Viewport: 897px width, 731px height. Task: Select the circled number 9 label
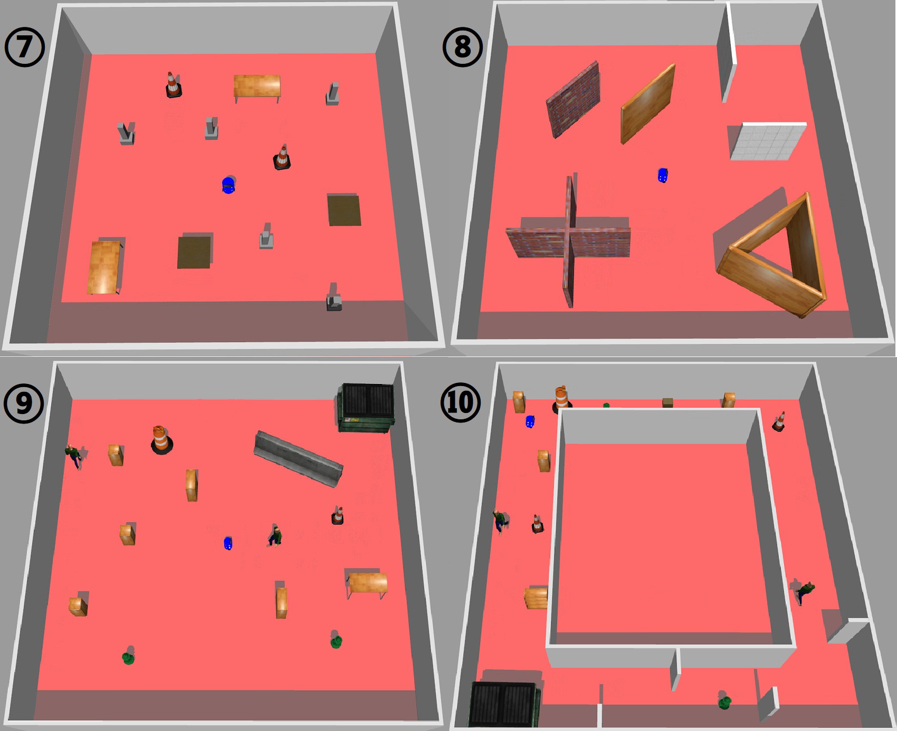coord(24,403)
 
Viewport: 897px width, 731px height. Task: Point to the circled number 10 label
coord(461,402)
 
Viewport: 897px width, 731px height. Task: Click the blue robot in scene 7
coord(228,185)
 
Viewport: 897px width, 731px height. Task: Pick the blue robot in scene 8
coord(663,175)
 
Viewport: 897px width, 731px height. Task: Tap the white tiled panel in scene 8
coord(768,141)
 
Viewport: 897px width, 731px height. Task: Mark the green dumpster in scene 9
coord(366,408)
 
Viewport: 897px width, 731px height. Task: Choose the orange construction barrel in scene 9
coord(161,440)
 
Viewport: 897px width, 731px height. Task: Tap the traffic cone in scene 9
coord(338,515)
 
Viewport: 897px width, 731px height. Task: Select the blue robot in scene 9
coord(228,543)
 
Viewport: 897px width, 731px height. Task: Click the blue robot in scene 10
coord(530,421)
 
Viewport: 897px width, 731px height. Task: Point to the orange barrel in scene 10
coord(561,398)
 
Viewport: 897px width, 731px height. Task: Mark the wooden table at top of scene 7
coord(257,88)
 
